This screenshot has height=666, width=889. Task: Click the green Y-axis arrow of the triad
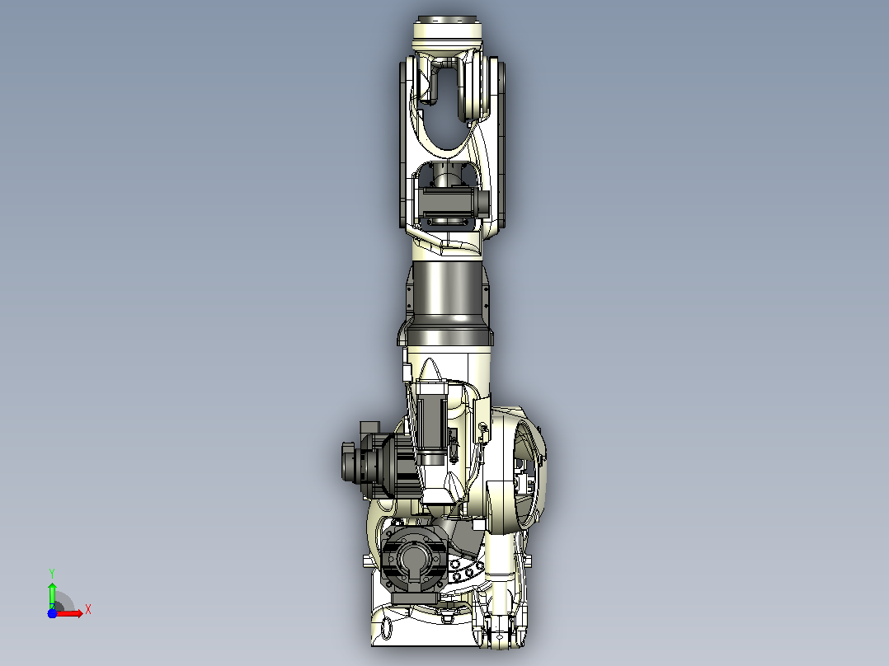pyautogui.click(x=52, y=594)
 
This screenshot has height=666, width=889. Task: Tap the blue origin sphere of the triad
pyautogui.click(x=52, y=613)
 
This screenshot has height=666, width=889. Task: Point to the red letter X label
pyautogui.click(x=88, y=610)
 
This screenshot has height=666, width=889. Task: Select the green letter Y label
pyautogui.click(x=52, y=574)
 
